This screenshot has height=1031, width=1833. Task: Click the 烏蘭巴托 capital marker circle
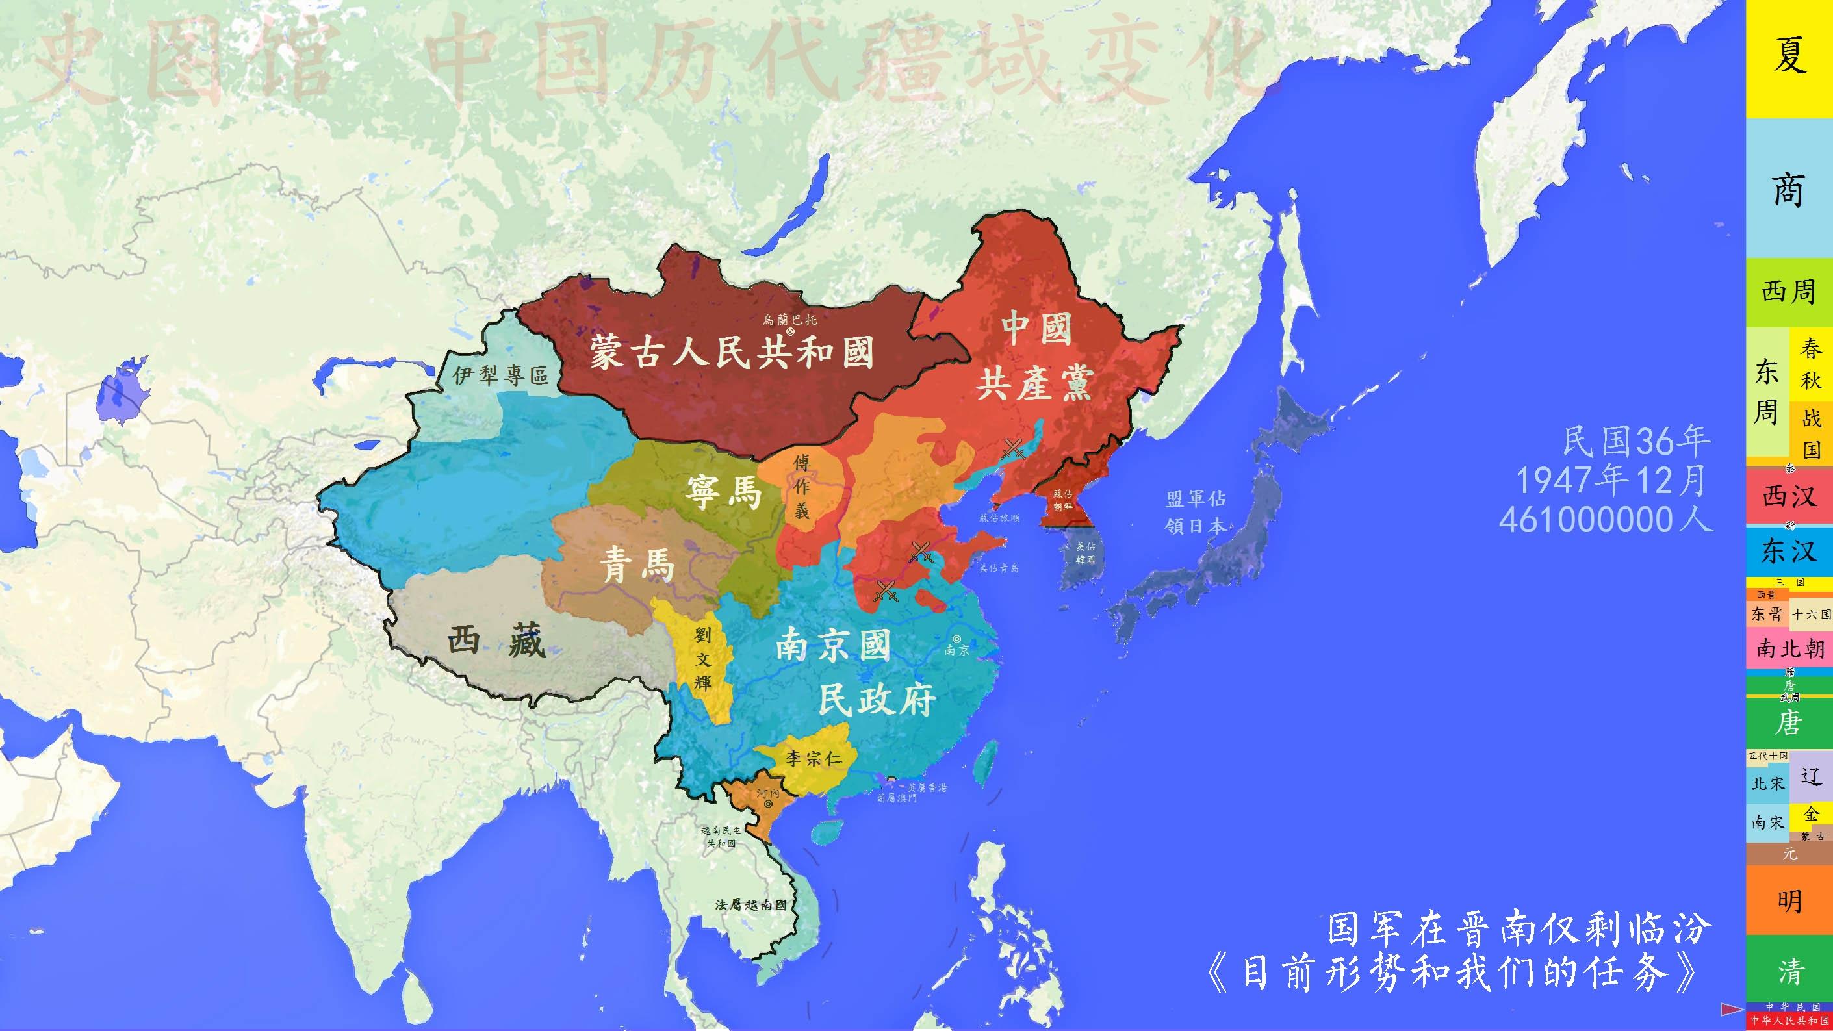[791, 331]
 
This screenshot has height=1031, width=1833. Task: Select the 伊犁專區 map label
[500, 375]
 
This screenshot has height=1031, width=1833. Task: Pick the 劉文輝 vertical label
[702, 659]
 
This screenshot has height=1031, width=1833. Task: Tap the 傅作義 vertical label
[802, 487]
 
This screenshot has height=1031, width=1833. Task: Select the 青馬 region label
[636, 566]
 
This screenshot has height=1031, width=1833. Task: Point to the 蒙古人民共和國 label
[732, 353]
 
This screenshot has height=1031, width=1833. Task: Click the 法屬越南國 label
[751, 905]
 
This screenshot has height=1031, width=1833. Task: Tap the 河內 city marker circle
[769, 804]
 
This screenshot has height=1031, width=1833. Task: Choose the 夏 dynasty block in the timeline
[1788, 57]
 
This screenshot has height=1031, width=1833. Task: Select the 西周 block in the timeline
[1788, 292]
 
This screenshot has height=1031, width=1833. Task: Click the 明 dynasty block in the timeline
[1788, 902]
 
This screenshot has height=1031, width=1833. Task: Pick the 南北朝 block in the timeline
[1788, 649]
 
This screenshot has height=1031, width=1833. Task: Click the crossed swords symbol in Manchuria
[1012, 448]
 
